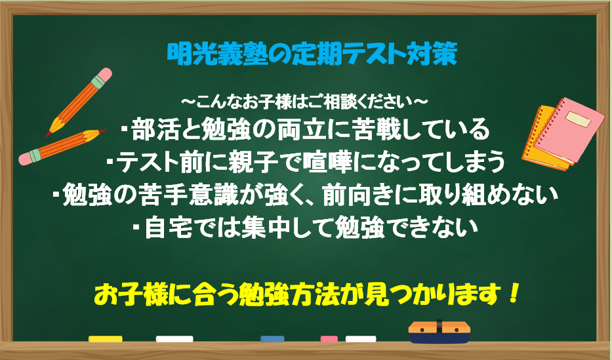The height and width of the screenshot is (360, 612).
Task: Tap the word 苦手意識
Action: [187, 195]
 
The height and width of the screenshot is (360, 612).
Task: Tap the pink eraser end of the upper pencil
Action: [104, 75]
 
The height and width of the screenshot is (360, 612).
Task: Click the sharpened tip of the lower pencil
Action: [102, 131]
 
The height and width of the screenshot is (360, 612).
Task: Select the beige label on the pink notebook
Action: [579, 119]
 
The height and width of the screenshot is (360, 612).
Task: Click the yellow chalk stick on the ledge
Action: [106, 339]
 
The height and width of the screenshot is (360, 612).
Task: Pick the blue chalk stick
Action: [272, 339]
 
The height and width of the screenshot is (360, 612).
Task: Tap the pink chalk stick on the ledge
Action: [329, 339]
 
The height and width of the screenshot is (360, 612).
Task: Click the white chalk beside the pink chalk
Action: [361, 339]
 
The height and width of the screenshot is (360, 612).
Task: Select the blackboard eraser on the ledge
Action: [439, 332]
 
